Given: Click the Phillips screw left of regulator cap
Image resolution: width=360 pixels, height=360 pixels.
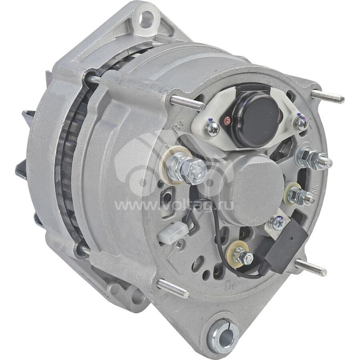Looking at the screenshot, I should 211,129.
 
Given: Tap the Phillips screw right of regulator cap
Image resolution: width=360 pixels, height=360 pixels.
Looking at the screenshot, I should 301,122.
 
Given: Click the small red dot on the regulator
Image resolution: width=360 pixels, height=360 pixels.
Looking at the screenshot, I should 228,120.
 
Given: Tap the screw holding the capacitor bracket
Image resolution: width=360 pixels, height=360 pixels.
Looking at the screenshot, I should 277,222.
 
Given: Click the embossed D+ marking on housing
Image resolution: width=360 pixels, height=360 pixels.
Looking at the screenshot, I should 230,284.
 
